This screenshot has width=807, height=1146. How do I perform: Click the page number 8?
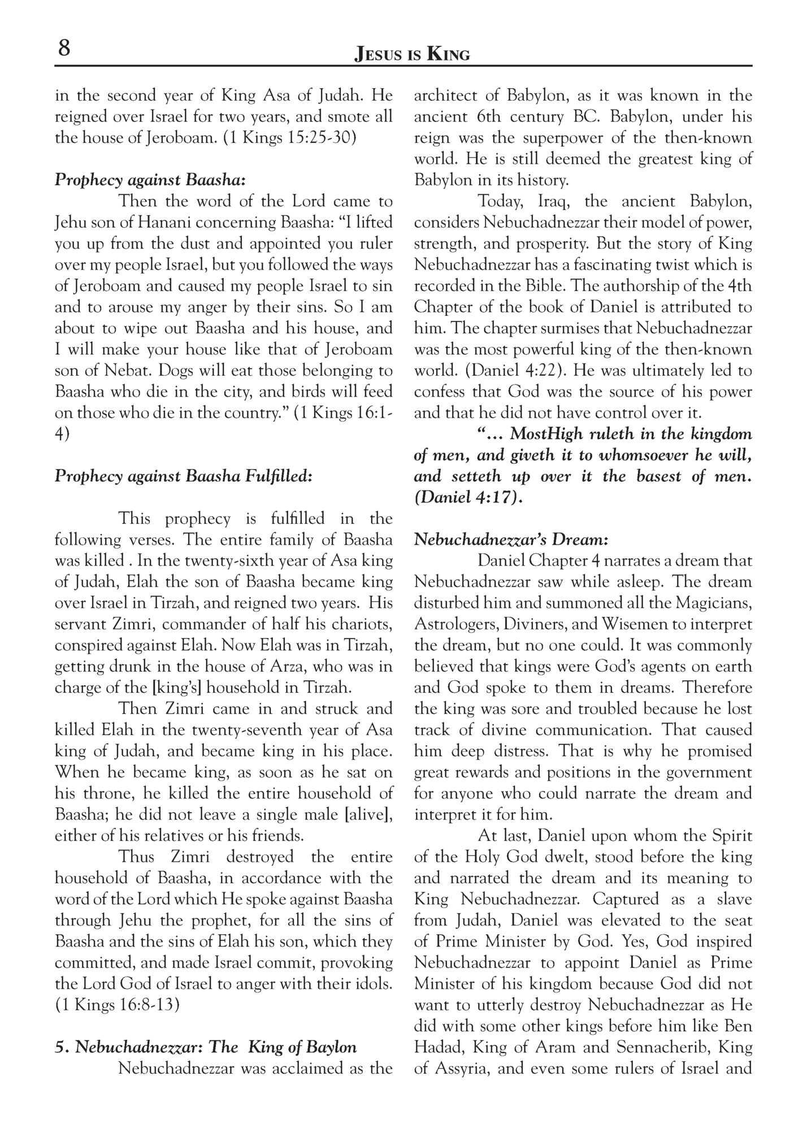click(x=64, y=48)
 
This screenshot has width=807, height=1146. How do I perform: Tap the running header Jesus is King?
click(x=411, y=54)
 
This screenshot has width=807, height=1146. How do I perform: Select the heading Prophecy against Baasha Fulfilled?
click(x=183, y=476)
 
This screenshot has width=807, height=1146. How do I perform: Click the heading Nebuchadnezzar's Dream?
click(x=511, y=540)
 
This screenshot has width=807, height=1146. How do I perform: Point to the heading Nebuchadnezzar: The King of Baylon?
click(x=206, y=1047)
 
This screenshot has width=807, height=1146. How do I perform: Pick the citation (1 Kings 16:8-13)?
click(x=118, y=1005)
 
